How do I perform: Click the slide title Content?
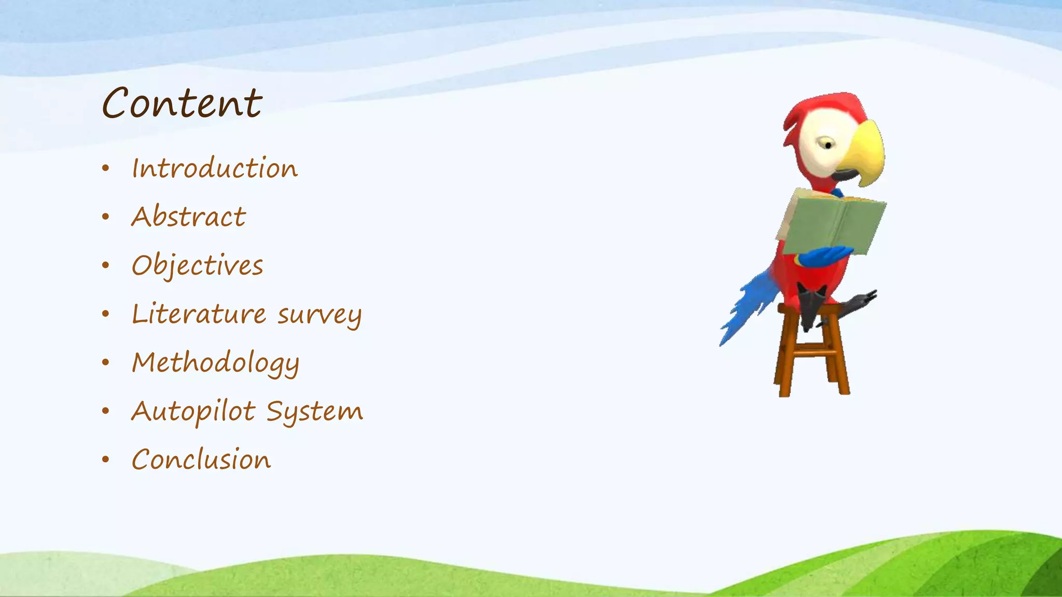182,103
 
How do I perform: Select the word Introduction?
215,168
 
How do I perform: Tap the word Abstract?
188,217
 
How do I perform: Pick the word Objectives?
197,266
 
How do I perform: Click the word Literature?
199,314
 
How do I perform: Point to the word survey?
319,316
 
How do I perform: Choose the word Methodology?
215,363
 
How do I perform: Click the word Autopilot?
193,412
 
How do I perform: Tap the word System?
315,412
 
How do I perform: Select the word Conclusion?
201,460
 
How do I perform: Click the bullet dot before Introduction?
106,168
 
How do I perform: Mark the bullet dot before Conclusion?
106,460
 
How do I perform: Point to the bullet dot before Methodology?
106,362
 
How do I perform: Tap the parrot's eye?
828,145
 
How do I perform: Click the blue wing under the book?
825,255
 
